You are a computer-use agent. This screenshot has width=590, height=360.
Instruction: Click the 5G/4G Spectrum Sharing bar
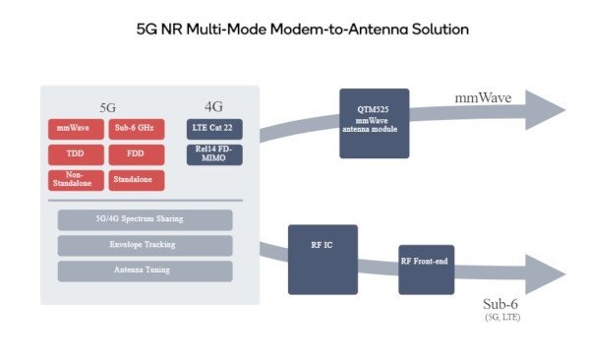145,219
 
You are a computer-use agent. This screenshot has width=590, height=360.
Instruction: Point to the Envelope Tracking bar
145,244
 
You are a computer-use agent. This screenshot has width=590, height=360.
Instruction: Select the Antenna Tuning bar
145,270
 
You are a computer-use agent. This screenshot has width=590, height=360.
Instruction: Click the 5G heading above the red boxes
110,105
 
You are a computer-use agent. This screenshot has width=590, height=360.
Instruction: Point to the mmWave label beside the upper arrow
484,97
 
